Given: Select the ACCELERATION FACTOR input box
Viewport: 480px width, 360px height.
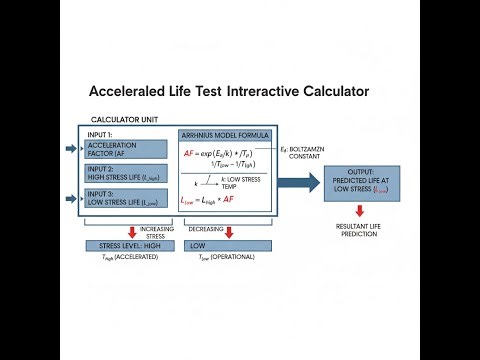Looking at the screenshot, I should [x=126, y=149].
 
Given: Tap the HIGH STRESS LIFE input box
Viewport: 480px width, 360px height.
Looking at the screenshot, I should [x=126, y=175].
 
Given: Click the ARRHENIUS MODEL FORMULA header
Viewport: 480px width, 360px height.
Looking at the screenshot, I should [x=227, y=135].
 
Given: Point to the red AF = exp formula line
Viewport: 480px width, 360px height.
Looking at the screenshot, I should [x=220, y=154].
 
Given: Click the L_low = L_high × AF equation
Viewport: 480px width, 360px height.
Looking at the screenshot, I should [x=208, y=200].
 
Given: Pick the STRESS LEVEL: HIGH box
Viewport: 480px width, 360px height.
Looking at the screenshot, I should [x=123, y=245].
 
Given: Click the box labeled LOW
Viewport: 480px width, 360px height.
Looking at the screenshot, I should [x=228, y=245].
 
